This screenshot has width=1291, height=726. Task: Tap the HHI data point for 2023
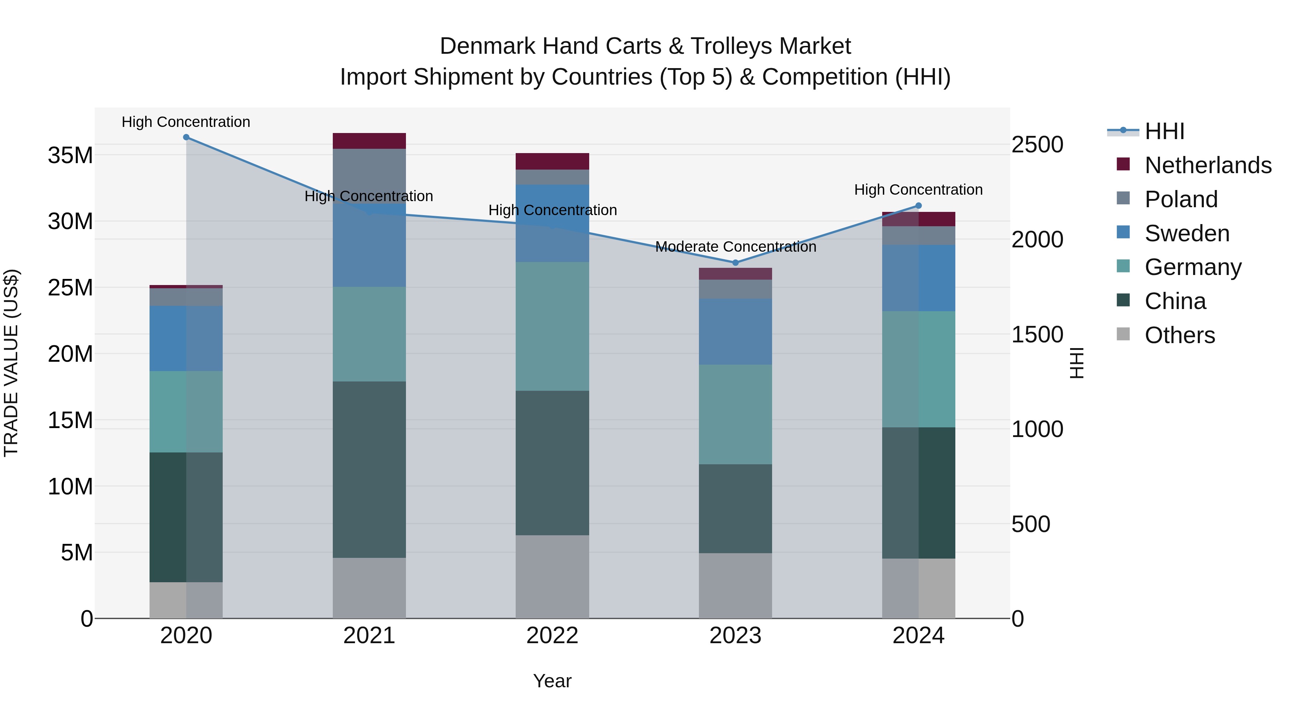[735, 262]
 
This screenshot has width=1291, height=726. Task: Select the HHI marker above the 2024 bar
[918, 205]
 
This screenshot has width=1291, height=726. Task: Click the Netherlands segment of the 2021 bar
[369, 141]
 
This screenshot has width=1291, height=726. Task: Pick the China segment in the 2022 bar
[552, 462]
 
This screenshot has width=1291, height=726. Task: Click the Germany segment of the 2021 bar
[369, 334]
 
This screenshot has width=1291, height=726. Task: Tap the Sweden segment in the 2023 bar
[735, 331]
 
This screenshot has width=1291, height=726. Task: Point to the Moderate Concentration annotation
[735, 247]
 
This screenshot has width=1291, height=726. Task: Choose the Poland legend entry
[1181, 199]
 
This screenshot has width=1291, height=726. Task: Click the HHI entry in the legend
[1164, 131]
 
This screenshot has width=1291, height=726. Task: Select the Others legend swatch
[1123, 334]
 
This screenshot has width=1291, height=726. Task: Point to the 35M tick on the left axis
[70, 155]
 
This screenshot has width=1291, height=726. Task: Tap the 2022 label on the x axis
[552, 636]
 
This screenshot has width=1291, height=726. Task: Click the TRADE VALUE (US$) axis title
[11, 363]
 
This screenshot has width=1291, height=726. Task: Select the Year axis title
[552, 681]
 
